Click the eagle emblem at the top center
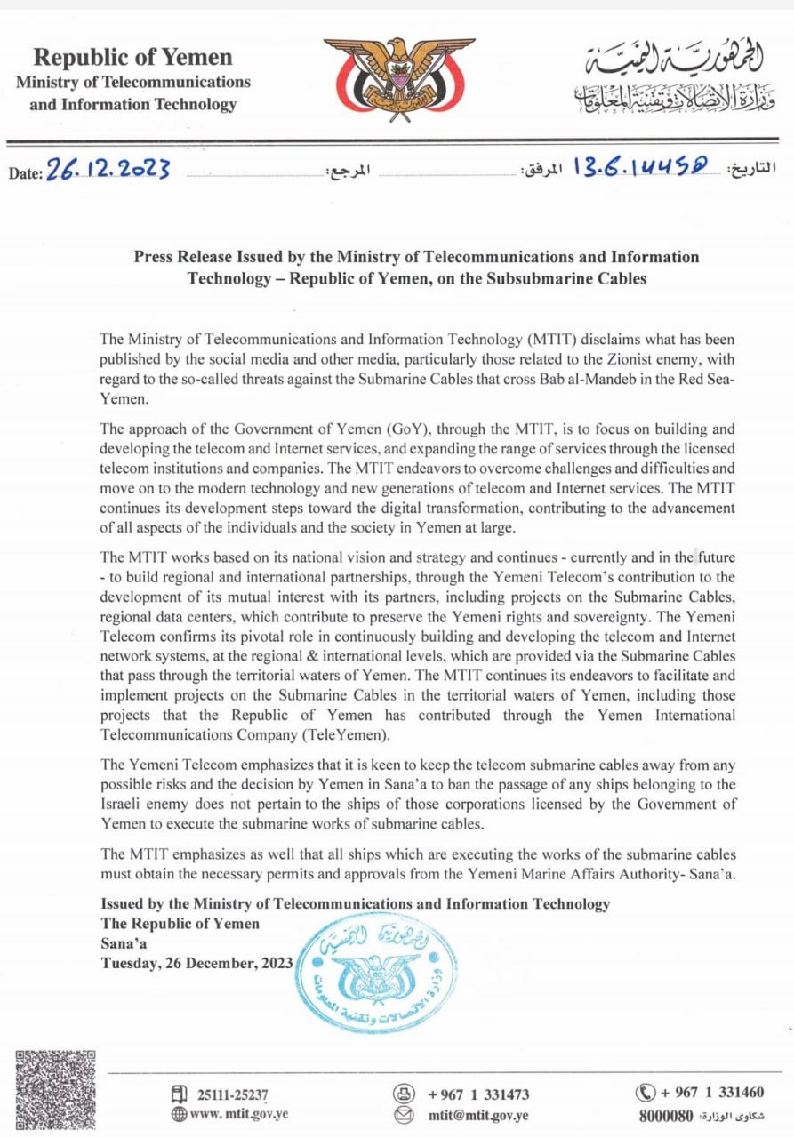[398, 80]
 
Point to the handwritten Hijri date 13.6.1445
[644, 166]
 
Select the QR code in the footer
[55, 1091]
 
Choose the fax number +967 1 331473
[478, 1094]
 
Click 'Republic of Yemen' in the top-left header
[132, 58]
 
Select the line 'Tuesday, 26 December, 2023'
[197, 962]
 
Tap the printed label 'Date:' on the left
[26, 173]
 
